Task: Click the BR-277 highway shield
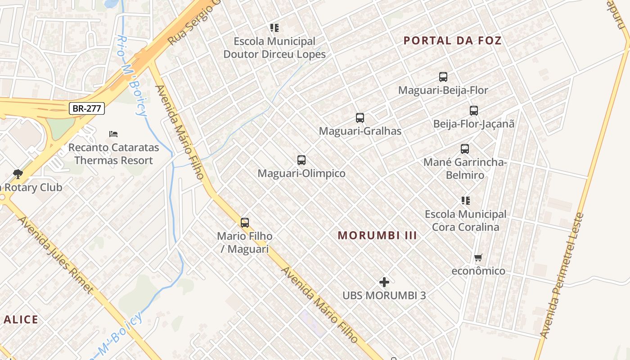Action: pos(87,108)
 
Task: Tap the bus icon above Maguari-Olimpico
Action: pos(301,160)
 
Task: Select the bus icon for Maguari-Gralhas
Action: pos(360,118)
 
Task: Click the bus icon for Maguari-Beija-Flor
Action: pos(443,77)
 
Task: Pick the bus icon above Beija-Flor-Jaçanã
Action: pos(473,110)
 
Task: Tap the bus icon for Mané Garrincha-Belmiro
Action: pos(465,148)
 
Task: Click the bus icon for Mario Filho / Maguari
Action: pos(245,222)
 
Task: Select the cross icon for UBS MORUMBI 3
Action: pos(384,282)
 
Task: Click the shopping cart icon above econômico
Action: pos(478,258)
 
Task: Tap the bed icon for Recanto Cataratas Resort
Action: pos(113,134)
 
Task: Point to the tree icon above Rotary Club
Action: pos(18,174)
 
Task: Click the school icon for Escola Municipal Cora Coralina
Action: pos(465,200)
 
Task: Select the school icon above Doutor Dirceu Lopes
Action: pos(274,28)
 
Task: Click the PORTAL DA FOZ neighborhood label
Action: pos(452,40)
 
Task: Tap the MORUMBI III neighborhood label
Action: pos(377,235)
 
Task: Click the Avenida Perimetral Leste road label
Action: pos(562,275)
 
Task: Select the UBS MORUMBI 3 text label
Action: pos(384,296)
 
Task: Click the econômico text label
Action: pos(478,271)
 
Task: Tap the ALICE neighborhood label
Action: pos(21,320)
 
